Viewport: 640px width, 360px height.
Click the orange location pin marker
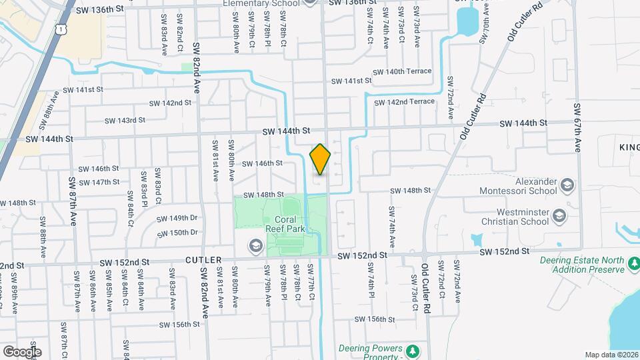(x=320, y=159)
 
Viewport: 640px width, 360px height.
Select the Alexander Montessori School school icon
(x=567, y=184)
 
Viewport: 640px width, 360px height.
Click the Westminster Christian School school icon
(x=559, y=215)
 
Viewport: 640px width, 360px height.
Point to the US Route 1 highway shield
(x=61, y=29)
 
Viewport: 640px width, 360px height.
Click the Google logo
(x=22, y=351)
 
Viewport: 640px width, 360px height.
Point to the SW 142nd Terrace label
(x=405, y=102)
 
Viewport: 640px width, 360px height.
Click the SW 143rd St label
(x=125, y=121)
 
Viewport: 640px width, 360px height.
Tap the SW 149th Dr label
(x=177, y=218)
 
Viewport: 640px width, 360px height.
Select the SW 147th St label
(x=97, y=182)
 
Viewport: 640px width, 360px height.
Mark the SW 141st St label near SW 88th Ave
(x=83, y=89)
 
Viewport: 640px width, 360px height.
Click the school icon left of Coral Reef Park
(x=254, y=247)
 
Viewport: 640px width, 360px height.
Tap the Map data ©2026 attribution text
(x=611, y=355)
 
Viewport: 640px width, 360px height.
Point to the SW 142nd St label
(x=170, y=103)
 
